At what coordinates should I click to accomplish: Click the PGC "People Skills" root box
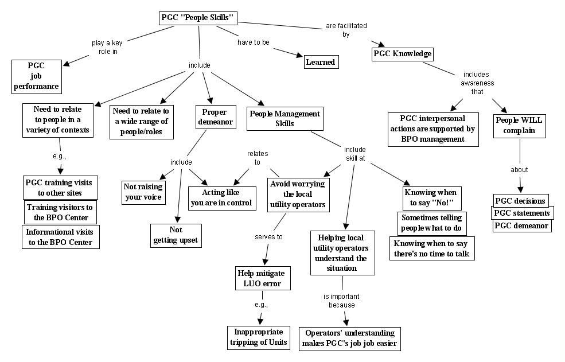(197, 18)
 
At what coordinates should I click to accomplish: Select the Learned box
(320, 62)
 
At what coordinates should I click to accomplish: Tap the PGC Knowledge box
(402, 55)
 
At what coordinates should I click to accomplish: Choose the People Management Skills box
(285, 119)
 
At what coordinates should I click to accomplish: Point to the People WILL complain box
(519, 125)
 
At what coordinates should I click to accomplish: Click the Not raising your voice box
(143, 192)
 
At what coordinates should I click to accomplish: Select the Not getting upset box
(176, 235)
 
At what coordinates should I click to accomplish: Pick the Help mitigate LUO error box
(260, 278)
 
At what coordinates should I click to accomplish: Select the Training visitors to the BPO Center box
(60, 212)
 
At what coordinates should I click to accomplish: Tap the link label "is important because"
(342, 301)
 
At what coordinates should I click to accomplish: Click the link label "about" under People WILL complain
(519, 170)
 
